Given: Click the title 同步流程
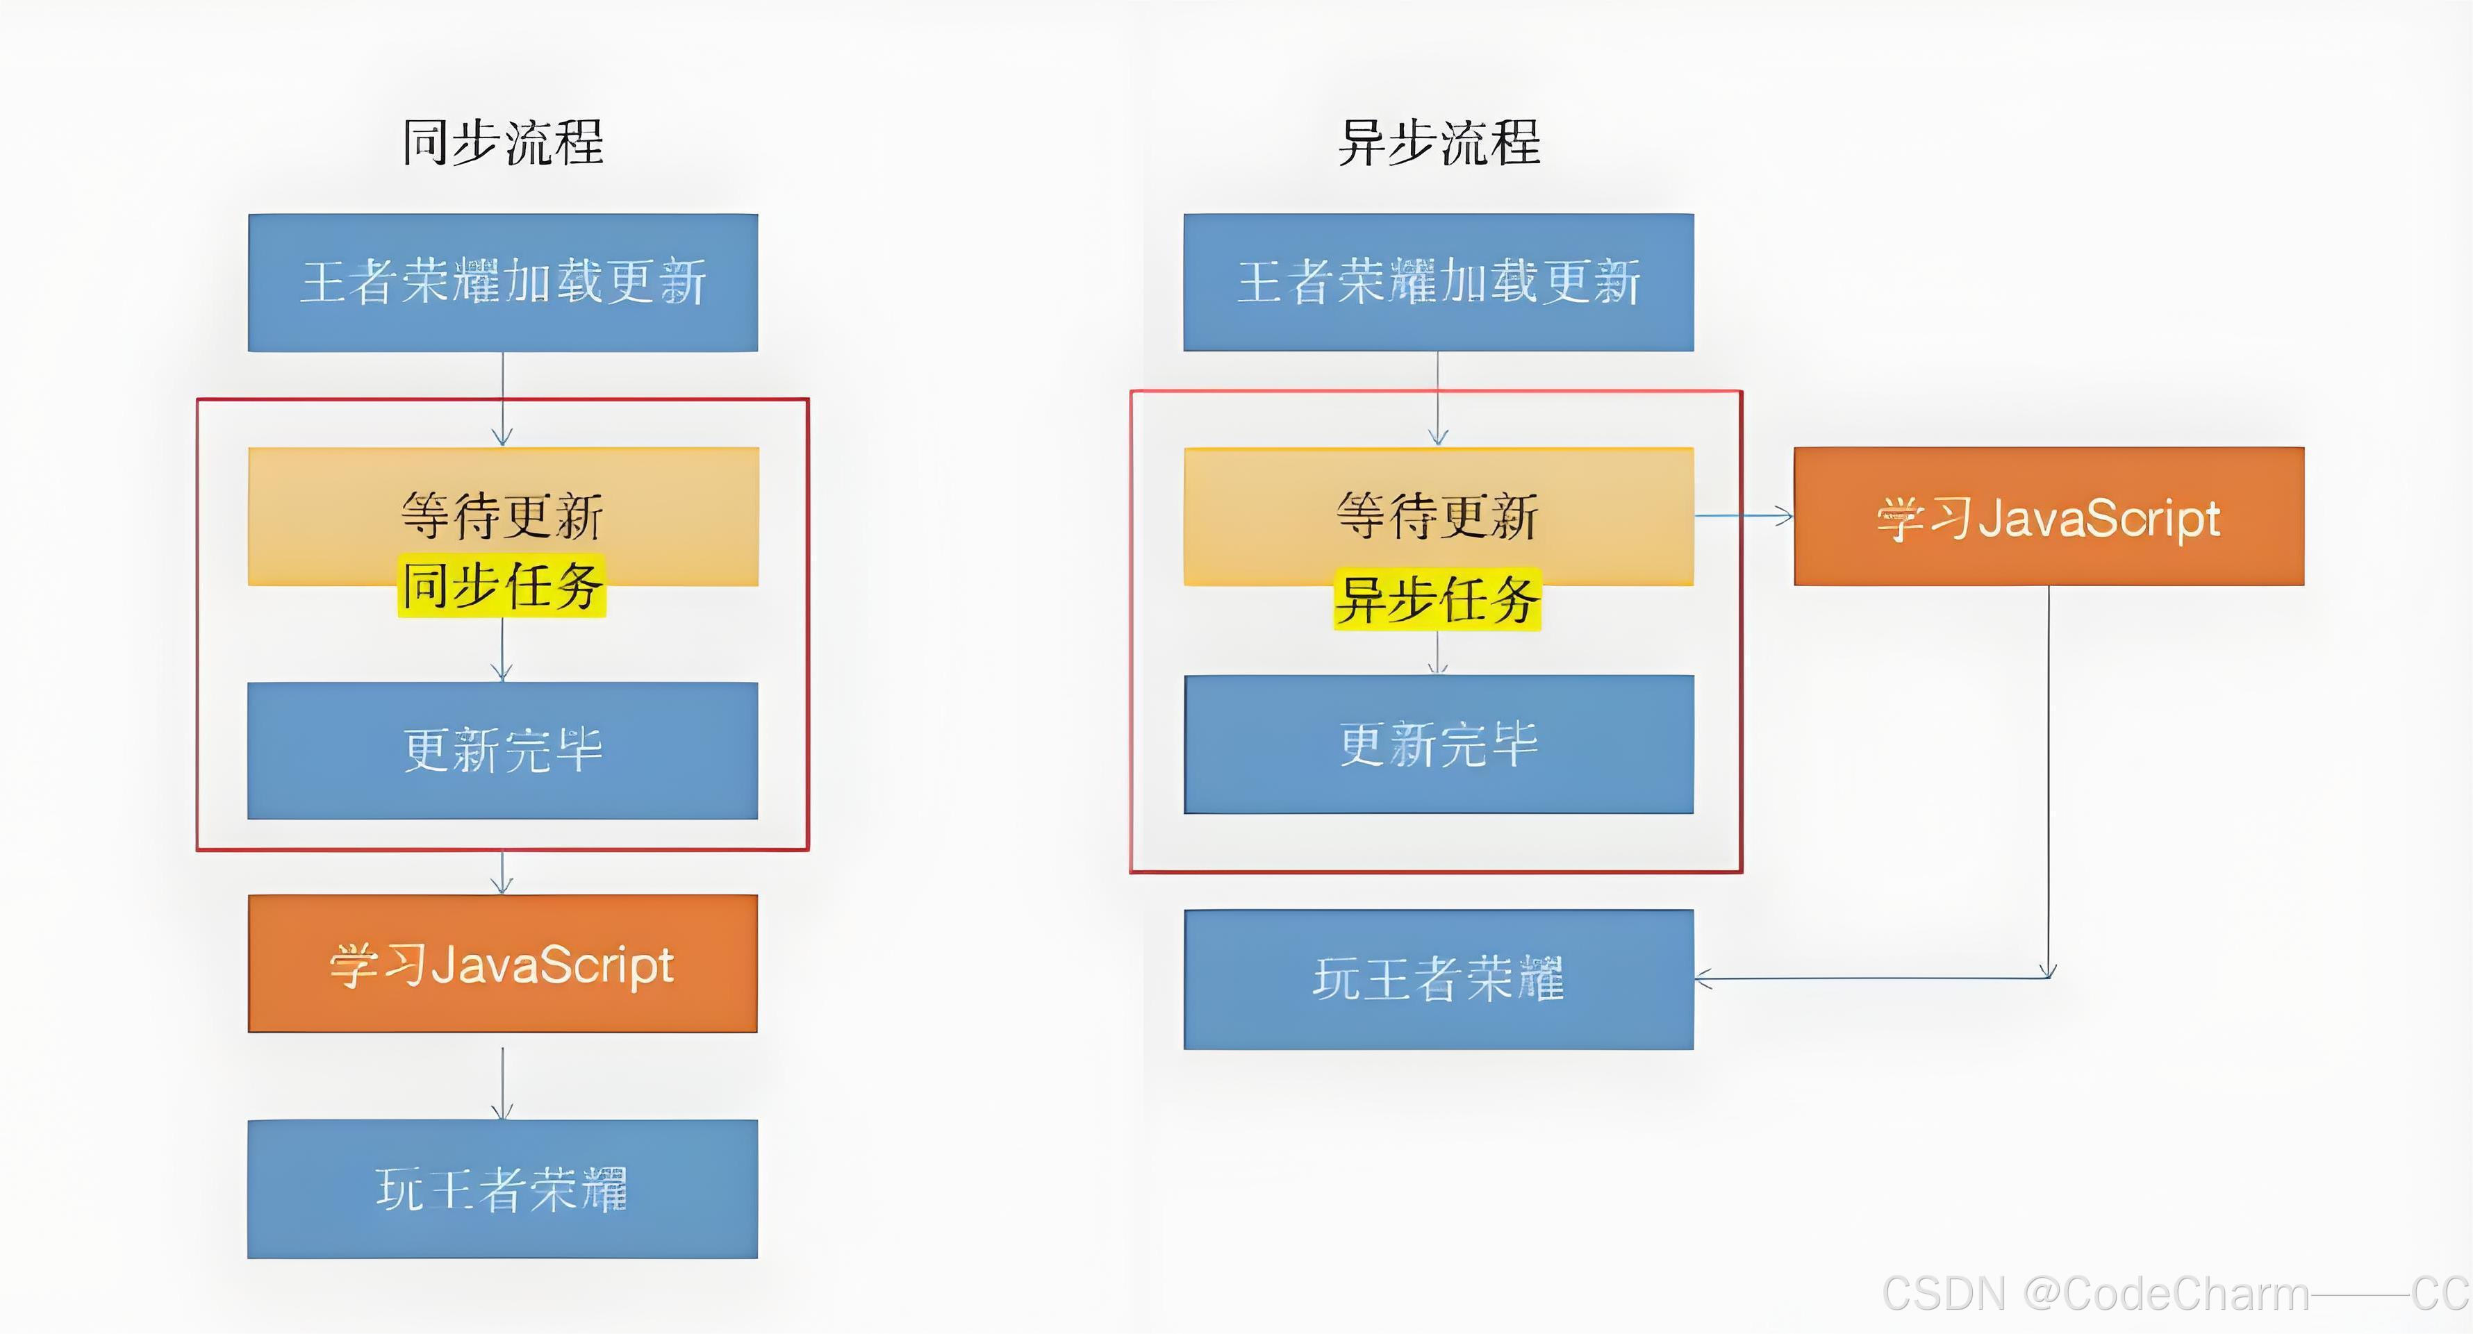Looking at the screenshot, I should tap(503, 143).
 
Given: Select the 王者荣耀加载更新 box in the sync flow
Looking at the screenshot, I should tap(503, 282).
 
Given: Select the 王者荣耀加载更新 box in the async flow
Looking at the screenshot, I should tap(1438, 282).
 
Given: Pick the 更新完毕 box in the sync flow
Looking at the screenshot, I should tap(503, 751).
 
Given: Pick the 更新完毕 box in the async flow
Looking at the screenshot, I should tap(1438, 744).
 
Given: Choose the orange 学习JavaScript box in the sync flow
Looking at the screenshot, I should tap(503, 964).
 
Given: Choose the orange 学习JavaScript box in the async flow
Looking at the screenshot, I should tap(2049, 517).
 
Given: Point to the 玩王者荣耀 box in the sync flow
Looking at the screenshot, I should tap(503, 1189).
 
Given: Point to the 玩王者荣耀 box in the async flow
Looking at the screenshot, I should tap(1438, 979).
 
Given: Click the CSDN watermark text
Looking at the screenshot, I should tap(2174, 1294).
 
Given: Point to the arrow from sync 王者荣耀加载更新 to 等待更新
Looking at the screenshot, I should tap(503, 399).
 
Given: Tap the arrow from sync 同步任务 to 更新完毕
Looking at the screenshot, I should tap(503, 651).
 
